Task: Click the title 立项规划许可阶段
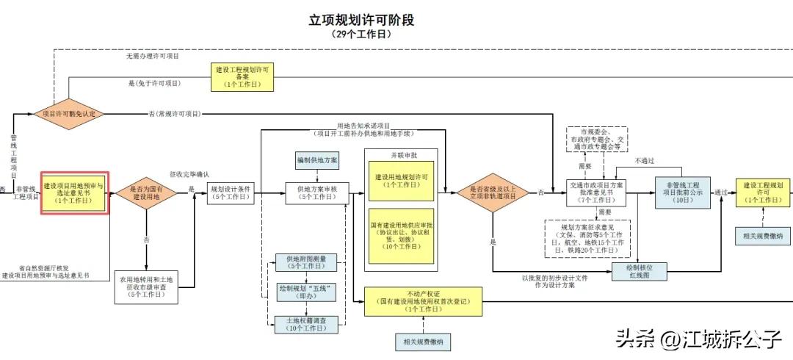361,20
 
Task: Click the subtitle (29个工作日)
361,35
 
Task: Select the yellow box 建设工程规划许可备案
242,76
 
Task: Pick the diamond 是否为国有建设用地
147,192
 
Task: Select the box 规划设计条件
231,192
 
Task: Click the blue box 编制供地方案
317,160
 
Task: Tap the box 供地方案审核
317,192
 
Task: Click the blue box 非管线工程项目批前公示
682,192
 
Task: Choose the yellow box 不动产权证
424,301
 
